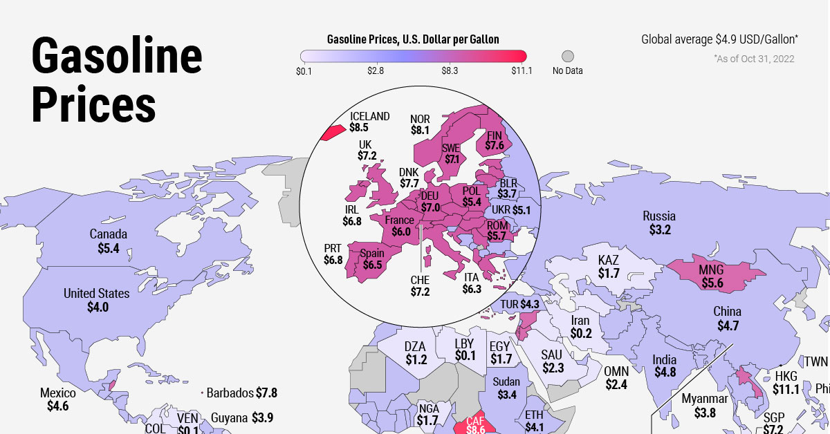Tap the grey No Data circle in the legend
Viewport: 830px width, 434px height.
coord(568,57)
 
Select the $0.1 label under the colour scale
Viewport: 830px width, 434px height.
coord(305,71)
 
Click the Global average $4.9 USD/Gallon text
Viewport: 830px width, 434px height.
coord(720,40)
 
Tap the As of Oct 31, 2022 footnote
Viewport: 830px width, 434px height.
coord(754,59)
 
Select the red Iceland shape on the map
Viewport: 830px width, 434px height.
coord(334,131)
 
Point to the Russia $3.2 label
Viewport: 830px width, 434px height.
coord(658,223)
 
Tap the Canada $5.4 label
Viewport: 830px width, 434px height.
coord(109,240)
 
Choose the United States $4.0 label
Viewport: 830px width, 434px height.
coord(97,301)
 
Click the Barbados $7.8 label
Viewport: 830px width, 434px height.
coord(242,393)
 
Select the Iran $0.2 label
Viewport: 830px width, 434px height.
coord(581,327)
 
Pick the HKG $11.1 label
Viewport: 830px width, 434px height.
coord(786,383)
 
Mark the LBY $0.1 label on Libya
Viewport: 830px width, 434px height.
coord(465,350)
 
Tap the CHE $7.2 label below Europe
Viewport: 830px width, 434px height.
coord(420,286)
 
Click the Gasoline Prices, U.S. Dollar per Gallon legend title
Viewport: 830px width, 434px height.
coord(413,39)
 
